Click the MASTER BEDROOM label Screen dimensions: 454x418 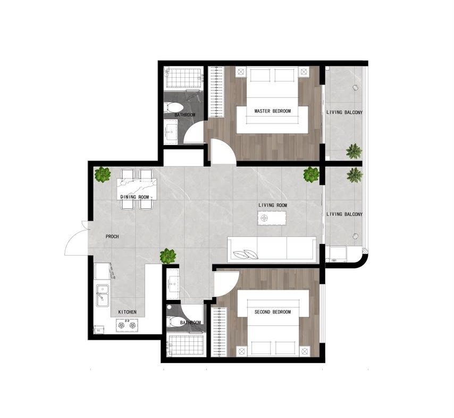[x=273, y=111]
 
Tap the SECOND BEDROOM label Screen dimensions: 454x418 [x=273, y=312]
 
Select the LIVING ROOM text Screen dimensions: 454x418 [x=273, y=206]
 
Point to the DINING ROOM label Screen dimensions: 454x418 [x=134, y=197]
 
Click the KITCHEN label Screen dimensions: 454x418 [x=128, y=312]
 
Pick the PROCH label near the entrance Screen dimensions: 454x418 [x=112, y=237]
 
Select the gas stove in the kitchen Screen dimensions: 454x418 [x=127, y=325]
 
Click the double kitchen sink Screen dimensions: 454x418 [x=103, y=296]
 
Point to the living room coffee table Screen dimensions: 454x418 [x=272, y=218]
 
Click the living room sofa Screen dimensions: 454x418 [x=272, y=249]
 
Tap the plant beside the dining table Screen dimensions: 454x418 [x=103, y=175]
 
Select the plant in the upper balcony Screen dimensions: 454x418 [x=354, y=151]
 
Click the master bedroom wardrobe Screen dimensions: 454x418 [x=216, y=92]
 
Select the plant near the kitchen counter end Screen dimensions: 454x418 [x=168, y=256]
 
